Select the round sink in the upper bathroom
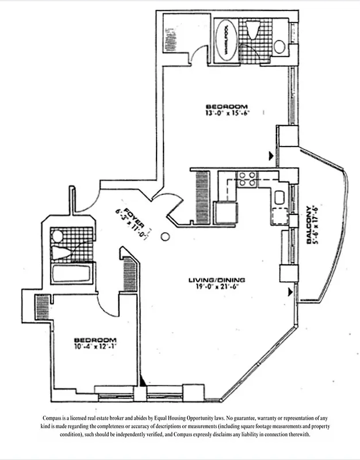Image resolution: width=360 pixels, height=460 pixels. pos(279,46)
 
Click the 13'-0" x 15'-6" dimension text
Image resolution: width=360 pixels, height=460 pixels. pos(227,114)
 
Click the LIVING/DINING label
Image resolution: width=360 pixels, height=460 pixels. pos(217,280)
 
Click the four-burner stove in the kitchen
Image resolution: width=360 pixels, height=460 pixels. pos(248,179)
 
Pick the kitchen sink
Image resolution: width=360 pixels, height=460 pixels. pos(279,198)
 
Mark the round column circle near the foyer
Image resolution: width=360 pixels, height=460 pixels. pos(165,236)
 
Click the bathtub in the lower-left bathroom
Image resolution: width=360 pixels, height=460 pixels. pos(71,273)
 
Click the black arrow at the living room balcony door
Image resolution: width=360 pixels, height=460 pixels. pos(290,293)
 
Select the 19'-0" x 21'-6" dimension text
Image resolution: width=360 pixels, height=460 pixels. pos(217,287)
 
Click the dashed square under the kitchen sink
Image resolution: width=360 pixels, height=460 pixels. pos(279,217)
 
